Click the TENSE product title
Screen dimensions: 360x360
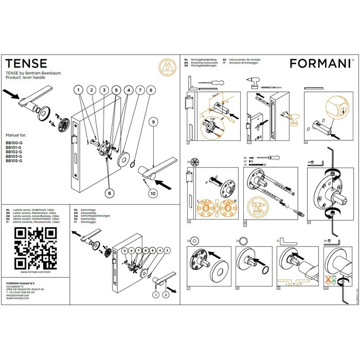(x=26, y=64)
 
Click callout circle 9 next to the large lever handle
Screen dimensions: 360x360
(x=153, y=122)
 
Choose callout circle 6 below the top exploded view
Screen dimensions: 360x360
(x=109, y=193)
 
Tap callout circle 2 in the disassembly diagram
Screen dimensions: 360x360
(x=166, y=295)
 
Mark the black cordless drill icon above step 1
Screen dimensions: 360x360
(x=254, y=80)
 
